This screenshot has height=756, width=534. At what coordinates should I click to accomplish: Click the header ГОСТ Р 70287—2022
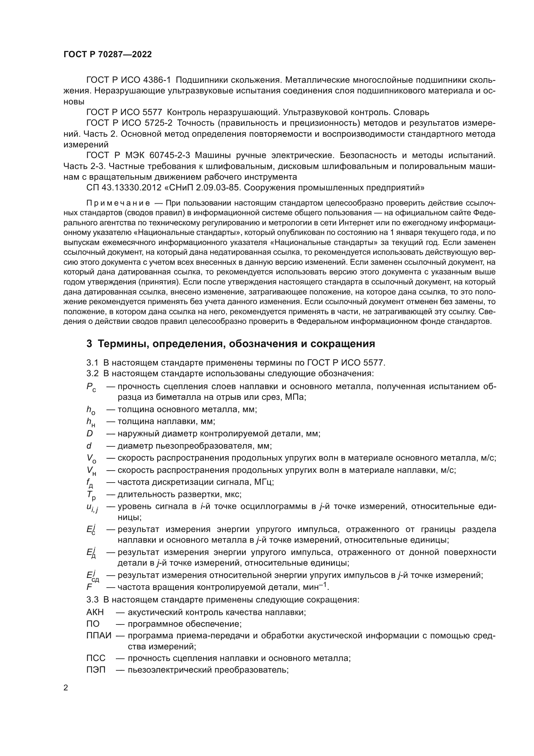point(108,55)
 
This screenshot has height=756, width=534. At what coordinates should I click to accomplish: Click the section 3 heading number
point(89,344)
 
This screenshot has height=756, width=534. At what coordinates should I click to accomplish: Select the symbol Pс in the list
point(91,387)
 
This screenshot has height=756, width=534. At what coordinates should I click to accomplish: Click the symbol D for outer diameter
point(89,434)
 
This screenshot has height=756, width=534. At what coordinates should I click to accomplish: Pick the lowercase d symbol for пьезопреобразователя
point(89,446)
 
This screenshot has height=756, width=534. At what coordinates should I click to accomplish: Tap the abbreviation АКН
point(95,612)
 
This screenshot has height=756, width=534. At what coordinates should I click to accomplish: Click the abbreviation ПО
point(93,624)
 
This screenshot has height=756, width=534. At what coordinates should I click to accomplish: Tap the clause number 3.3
point(92,600)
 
